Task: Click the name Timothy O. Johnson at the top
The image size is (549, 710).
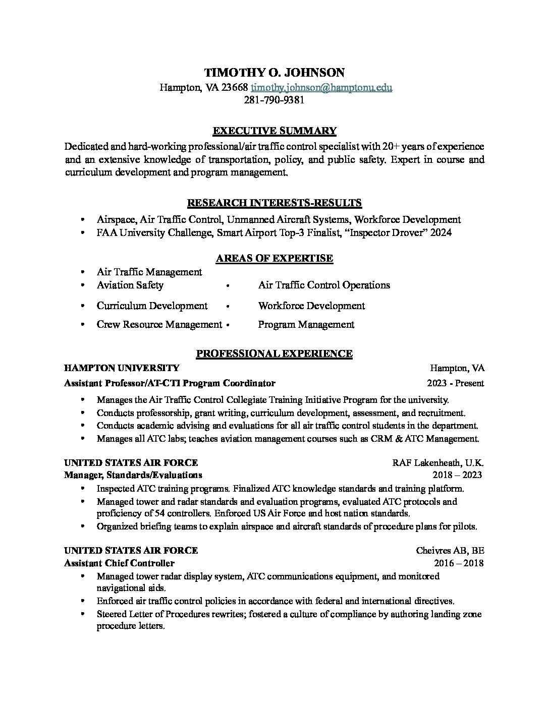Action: (x=274, y=73)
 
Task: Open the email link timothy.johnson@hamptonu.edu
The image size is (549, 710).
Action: (x=321, y=87)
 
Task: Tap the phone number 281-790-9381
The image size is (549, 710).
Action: (x=274, y=100)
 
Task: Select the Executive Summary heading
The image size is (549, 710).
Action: (x=274, y=131)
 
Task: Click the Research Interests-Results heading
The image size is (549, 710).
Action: (x=274, y=203)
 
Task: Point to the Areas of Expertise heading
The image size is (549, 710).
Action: (x=274, y=259)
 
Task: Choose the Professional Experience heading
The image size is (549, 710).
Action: (x=274, y=354)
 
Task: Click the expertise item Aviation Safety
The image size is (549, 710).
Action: (x=130, y=285)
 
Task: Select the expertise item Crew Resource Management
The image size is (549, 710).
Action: (x=159, y=325)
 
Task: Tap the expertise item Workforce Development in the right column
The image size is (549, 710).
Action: (x=311, y=306)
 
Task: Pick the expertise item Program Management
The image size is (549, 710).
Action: (x=306, y=325)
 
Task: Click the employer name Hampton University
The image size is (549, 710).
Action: (x=121, y=368)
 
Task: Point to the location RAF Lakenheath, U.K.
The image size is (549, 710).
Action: (x=438, y=463)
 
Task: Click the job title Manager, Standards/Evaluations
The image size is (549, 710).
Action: (x=133, y=475)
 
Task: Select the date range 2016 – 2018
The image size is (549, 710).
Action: (x=458, y=563)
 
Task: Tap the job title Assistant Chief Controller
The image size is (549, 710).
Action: (x=119, y=563)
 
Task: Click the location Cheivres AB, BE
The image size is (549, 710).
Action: (x=450, y=550)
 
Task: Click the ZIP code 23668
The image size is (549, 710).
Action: (x=235, y=87)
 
